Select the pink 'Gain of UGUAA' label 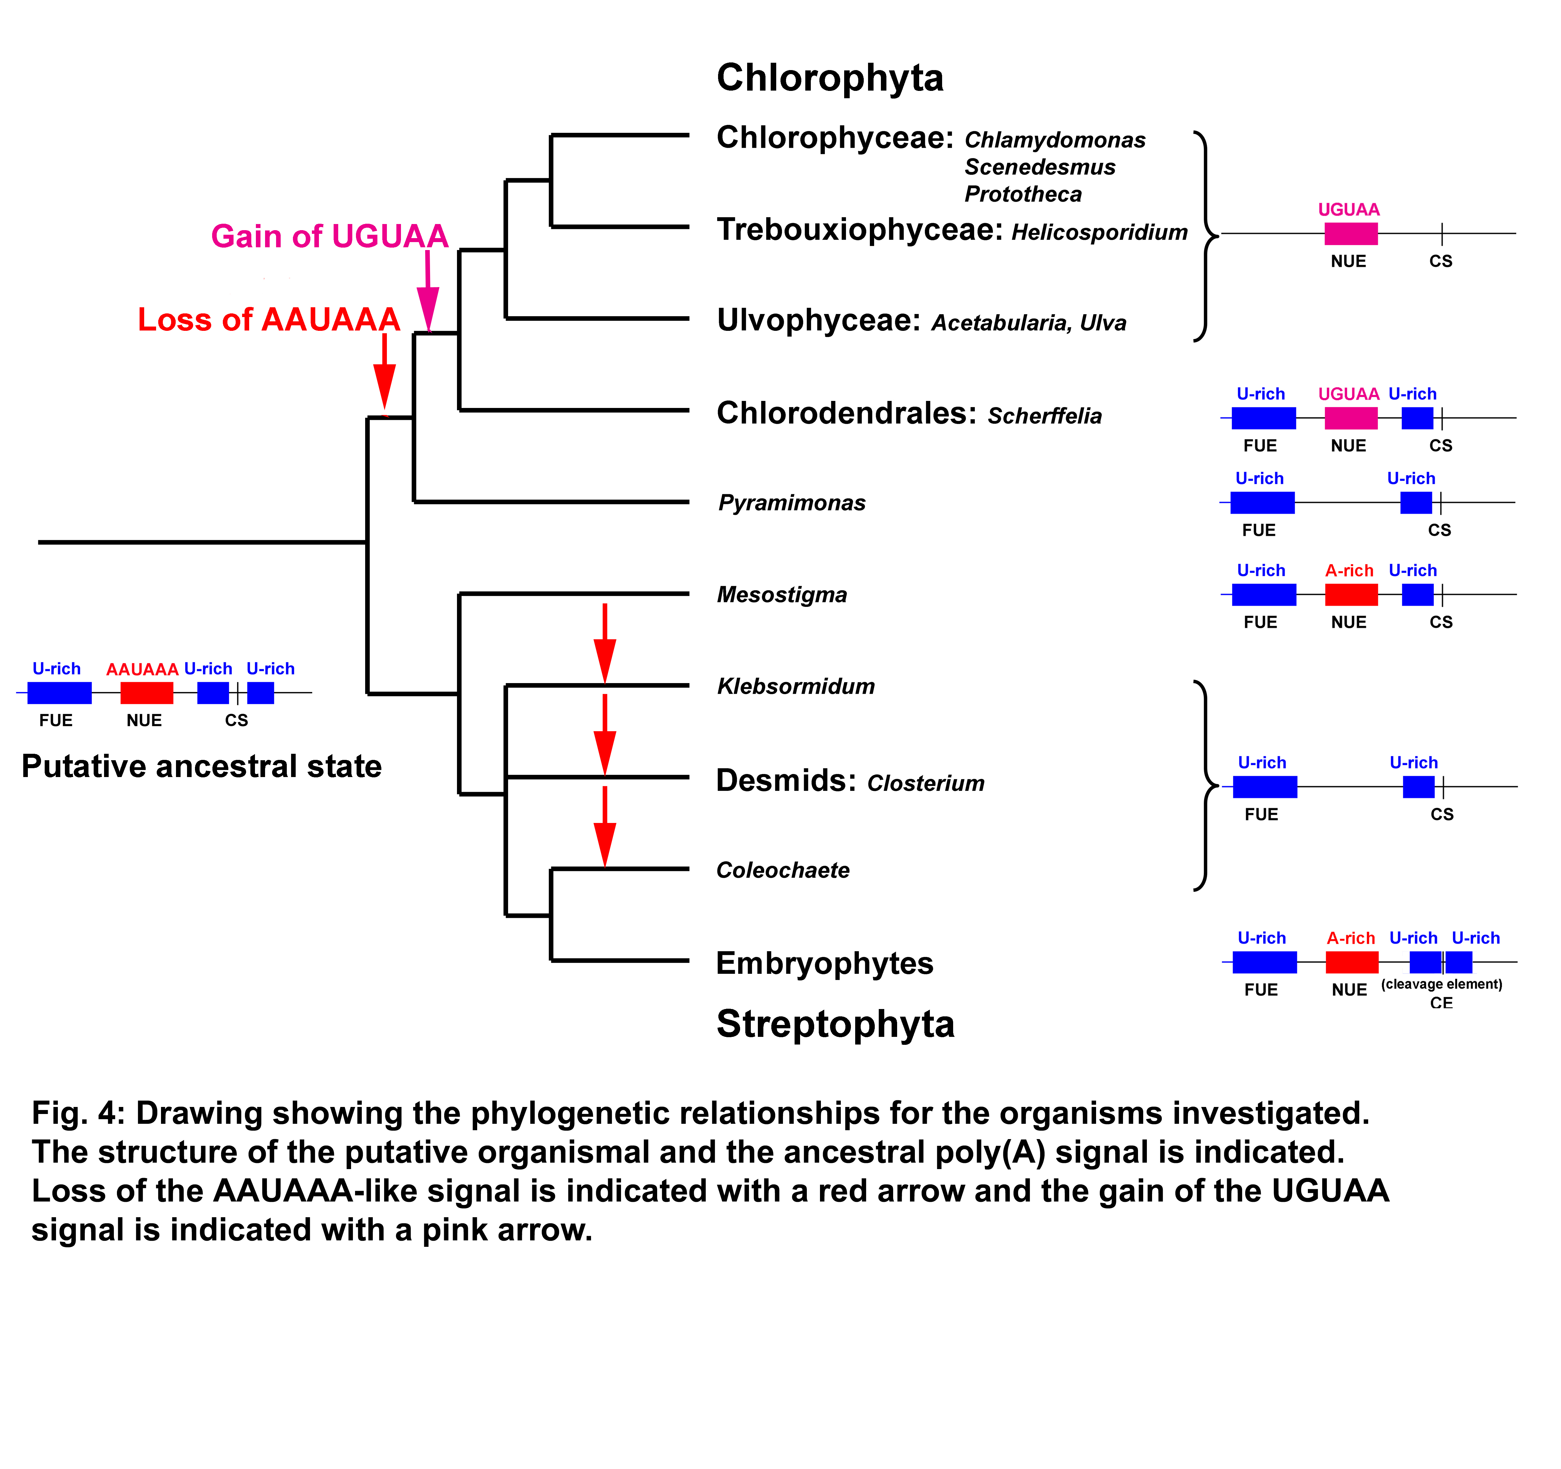tap(330, 236)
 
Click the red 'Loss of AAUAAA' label tap(268, 320)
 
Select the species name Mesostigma tap(782, 595)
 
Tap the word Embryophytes tap(825, 963)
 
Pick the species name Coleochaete tap(783, 870)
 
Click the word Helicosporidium tap(1099, 232)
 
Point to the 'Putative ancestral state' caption tap(202, 766)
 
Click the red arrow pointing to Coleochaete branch tap(605, 827)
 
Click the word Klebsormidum tap(795, 686)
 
